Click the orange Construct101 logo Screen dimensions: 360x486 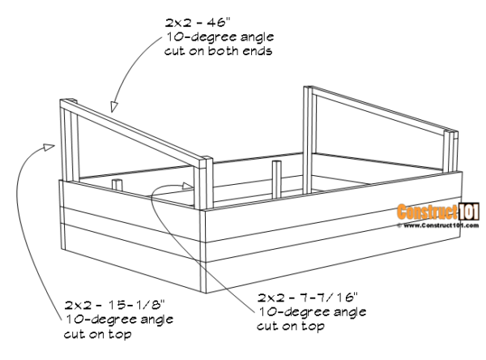click(428, 212)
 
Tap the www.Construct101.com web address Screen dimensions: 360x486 click(428, 225)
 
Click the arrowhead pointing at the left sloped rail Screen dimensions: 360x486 click(116, 105)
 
